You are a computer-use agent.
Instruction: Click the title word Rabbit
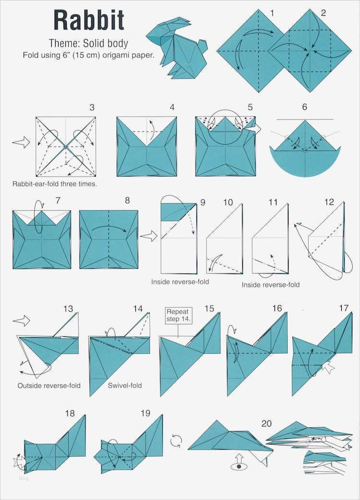(x=89, y=20)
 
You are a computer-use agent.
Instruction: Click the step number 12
(x=329, y=202)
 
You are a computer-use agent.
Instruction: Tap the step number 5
(x=250, y=107)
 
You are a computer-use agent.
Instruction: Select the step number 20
(x=266, y=424)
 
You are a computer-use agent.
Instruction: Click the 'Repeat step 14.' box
(x=178, y=315)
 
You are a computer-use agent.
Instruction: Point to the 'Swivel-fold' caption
(x=125, y=385)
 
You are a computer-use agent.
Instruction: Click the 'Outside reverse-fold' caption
(x=49, y=385)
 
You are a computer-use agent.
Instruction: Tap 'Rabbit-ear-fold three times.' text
(x=55, y=184)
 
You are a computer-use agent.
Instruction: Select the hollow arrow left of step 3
(x=21, y=142)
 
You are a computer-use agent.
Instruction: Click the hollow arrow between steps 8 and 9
(x=148, y=236)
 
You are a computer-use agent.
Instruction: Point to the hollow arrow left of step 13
(x=22, y=321)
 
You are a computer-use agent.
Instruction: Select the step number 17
(x=344, y=308)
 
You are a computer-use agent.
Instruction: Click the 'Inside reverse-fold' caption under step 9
(x=180, y=282)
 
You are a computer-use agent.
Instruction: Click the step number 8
(x=127, y=200)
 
